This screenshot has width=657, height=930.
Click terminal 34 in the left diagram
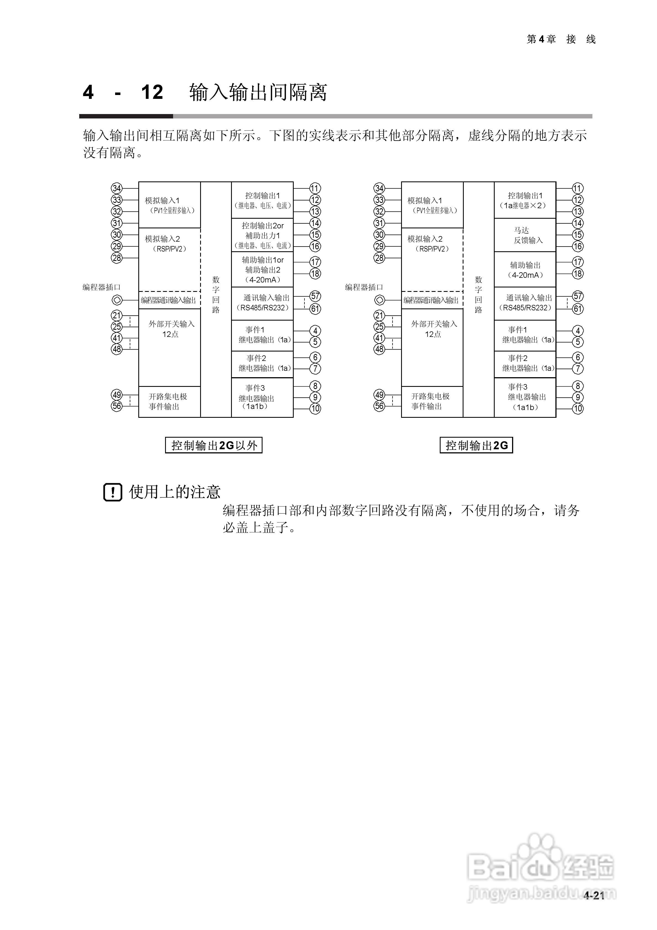[117, 188]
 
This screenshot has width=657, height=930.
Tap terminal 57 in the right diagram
[577, 296]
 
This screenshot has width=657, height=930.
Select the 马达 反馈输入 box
[525, 235]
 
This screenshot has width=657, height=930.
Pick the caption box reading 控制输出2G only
[476, 445]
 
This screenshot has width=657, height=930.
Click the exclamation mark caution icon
[113, 492]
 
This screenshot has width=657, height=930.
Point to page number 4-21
[594, 895]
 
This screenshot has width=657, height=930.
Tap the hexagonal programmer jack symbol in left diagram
[117, 300]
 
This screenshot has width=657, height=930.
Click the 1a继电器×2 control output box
[525, 200]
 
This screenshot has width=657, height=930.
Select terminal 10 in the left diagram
[315, 409]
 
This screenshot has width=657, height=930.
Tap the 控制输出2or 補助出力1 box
[263, 235]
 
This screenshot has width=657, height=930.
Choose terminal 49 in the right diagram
[379, 395]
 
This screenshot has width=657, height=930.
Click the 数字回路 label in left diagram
[216, 295]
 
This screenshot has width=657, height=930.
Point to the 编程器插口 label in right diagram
[364, 287]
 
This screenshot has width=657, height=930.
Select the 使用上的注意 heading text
[174, 492]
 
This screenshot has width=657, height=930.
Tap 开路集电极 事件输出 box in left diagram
[169, 401]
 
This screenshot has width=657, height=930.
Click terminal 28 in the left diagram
[117, 258]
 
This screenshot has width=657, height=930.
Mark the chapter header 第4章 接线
[561, 39]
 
